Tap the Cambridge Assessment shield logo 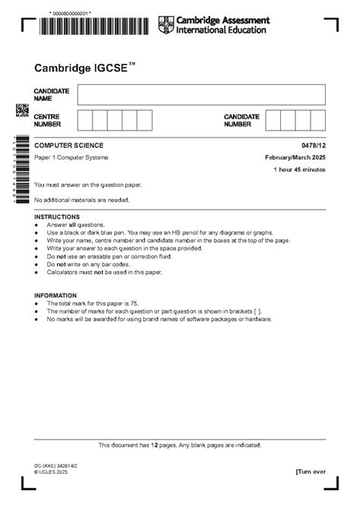[x=165, y=24]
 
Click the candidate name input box [x=201, y=94]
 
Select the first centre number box [x=85, y=120]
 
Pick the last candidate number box [x=317, y=120]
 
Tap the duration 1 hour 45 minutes [x=299, y=169]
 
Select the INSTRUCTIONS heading [x=57, y=216]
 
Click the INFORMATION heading [x=55, y=295]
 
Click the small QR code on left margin [x=22, y=111]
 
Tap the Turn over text [x=311, y=472]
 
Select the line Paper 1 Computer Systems [x=71, y=157]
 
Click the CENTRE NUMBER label [x=47, y=120]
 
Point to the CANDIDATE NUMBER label [x=242, y=120]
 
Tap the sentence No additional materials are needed [x=82, y=200]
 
